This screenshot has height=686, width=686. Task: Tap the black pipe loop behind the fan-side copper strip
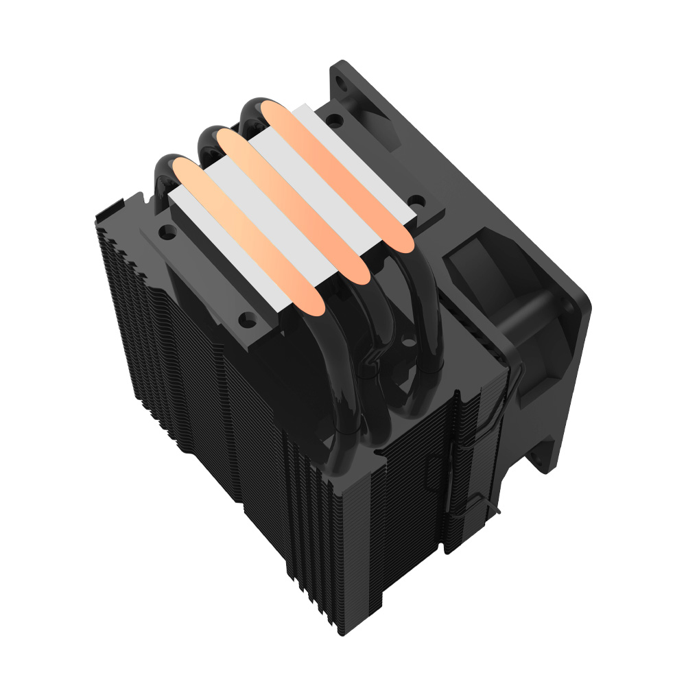(250, 110)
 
